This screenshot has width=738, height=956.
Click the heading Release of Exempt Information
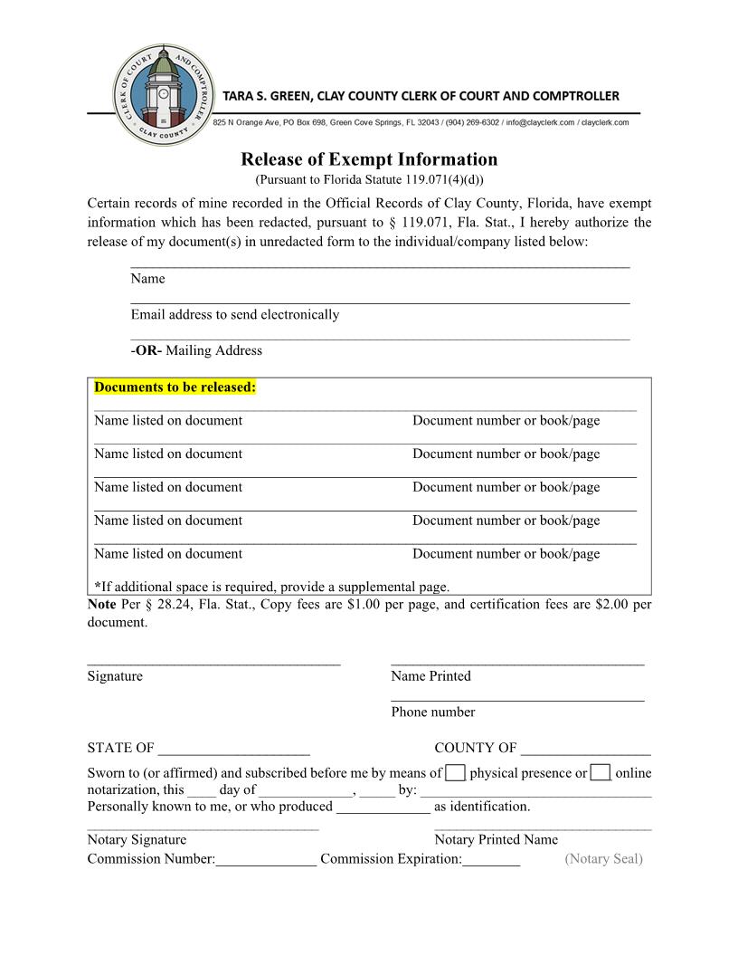tap(369, 160)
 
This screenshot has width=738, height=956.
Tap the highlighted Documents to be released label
tap(175, 387)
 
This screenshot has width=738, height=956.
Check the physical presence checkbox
tap(457, 772)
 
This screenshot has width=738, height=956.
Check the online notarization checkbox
tap(601, 772)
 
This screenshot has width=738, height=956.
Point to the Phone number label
tap(432, 712)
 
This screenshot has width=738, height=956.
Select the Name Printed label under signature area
tap(430, 676)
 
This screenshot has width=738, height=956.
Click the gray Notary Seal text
tap(603, 859)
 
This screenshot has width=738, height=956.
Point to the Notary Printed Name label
tap(496, 840)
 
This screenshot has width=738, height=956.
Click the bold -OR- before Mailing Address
tap(146, 351)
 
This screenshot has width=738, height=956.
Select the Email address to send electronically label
tap(235, 315)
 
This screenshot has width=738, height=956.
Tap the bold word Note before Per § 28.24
tap(101, 604)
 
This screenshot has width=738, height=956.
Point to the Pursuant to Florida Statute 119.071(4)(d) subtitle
tap(369, 180)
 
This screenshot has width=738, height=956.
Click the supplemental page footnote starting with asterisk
tap(271, 587)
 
